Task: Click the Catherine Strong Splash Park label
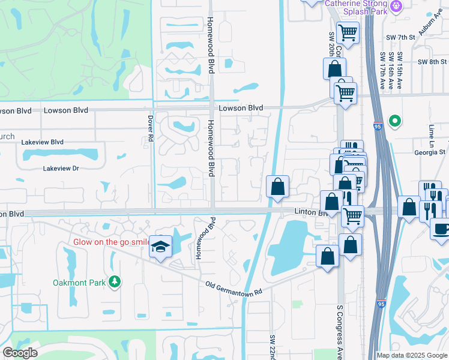point(355,7)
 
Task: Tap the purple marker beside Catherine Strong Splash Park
point(396,7)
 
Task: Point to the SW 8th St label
point(432,62)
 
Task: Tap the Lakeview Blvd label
point(42,142)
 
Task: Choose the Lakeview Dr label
point(61,169)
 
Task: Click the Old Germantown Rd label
point(234,288)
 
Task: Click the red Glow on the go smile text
point(111,242)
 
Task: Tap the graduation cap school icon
point(160,247)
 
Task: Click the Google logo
point(20,353)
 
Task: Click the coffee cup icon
point(441,229)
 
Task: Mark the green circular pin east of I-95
point(394,122)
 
